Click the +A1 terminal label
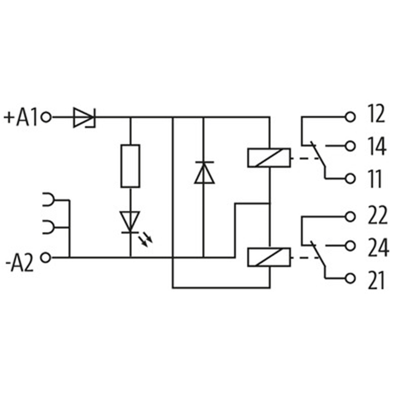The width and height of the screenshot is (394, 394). point(21,118)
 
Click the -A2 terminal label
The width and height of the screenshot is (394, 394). point(20,264)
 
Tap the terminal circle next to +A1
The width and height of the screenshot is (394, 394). point(46,117)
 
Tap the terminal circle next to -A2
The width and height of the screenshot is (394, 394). point(46,257)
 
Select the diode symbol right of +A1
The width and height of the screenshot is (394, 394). point(84,117)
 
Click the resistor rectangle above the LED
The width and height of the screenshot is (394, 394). point(130,166)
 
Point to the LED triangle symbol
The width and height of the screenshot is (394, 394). point(130,221)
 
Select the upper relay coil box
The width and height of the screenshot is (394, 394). point(269,158)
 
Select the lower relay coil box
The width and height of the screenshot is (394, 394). point(269,257)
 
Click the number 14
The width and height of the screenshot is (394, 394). point(377,147)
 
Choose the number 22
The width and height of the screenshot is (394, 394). point(377,216)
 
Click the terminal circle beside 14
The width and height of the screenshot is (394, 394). point(350,146)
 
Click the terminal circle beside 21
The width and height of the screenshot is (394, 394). point(350,278)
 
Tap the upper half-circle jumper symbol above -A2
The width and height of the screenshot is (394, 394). point(48,199)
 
